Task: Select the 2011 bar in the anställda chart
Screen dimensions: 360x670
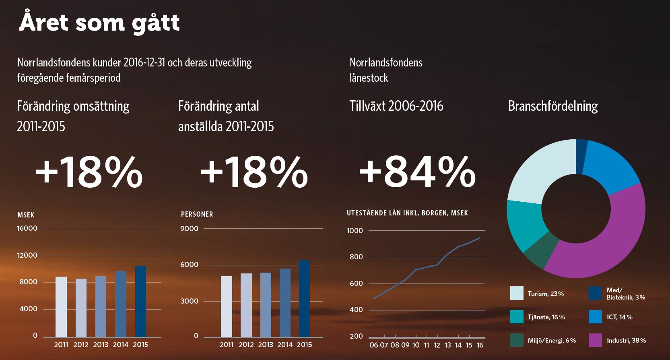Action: click(227, 306)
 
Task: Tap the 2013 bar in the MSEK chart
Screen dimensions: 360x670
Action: click(101, 306)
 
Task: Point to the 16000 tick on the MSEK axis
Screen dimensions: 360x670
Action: click(27, 228)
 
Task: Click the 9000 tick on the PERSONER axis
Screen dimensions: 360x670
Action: click(189, 229)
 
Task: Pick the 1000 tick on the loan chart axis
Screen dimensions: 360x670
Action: click(355, 231)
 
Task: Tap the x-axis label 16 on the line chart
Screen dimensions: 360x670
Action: click(480, 345)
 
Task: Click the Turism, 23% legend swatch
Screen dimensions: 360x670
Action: click(517, 293)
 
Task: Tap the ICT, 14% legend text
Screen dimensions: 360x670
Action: click(619, 317)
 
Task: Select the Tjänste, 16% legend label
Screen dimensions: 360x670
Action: click(546, 317)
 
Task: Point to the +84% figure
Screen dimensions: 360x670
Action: click(417, 172)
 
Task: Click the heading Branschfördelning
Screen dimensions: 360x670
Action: click(552, 106)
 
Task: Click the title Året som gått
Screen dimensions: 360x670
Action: click(99, 23)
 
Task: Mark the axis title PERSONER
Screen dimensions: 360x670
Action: click(197, 214)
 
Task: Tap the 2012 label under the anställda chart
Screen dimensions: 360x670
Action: click(246, 345)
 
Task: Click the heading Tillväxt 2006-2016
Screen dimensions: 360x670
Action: click(396, 106)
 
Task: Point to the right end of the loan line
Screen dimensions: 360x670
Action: click(480, 238)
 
